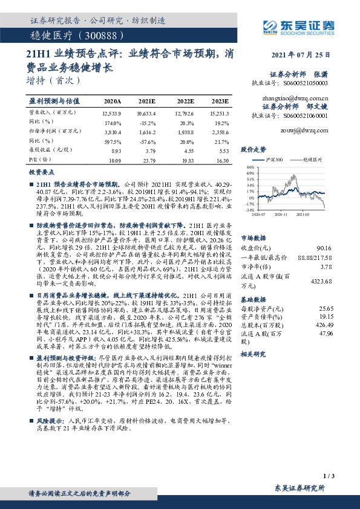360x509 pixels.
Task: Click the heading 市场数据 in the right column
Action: click(253, 238)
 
